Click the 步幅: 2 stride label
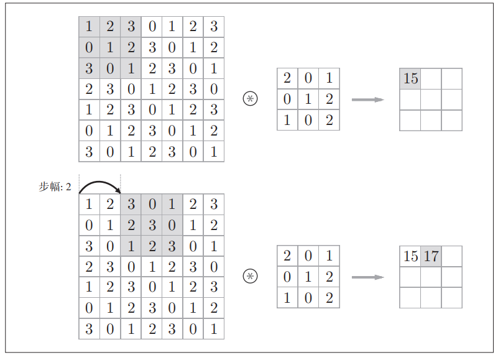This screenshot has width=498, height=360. coord(55,187)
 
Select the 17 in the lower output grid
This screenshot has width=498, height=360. coord(431,256)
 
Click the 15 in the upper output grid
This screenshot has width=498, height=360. coord(410,78)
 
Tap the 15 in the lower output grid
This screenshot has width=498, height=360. coord(410,256)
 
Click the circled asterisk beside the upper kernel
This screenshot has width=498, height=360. coord(250,98)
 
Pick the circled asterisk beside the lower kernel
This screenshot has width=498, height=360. coord(250,276)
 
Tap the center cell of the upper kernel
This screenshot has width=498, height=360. coord(308,99)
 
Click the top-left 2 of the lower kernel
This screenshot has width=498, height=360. coord(287,256)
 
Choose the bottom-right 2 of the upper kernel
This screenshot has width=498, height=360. coord(329,119)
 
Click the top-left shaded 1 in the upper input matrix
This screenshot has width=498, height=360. coord(89,27)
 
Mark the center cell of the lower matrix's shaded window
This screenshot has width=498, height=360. coord(152,225)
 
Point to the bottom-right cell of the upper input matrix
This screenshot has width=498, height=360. coord(213,151)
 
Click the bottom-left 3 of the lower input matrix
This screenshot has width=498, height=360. coord(89,328)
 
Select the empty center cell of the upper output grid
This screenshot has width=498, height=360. coord(431,99)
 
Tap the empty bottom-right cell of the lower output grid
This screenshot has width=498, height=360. coord(452,297)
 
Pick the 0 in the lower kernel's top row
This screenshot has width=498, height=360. coord(308,256)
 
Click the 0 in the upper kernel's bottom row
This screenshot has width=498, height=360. coord(308,119)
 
